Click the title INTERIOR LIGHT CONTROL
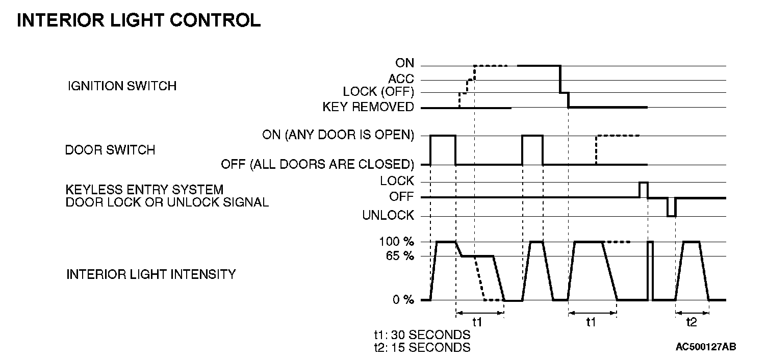(x=139, y=20)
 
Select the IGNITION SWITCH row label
(x=122, y=86)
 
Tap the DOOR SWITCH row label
(x=110, y=150)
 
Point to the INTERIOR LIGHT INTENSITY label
(x=151, y=274)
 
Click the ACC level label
(x=401, y=79)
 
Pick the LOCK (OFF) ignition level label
(x=378, y=92)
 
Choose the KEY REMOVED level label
(x=368, y=107)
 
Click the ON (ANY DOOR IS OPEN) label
(x=338, y=135)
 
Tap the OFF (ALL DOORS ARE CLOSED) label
(x=317, y=165)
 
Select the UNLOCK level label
(x=388, y=216)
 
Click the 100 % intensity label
(x=396, y=242)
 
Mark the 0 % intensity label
(x=403, y=300)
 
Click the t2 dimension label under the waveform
(x=692, y=322)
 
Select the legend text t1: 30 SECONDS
(x=422, y=335)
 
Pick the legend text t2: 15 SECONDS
(x=422, y=347)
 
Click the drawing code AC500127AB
(x=706, y=347)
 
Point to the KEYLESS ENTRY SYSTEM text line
(x=144, y=190)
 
